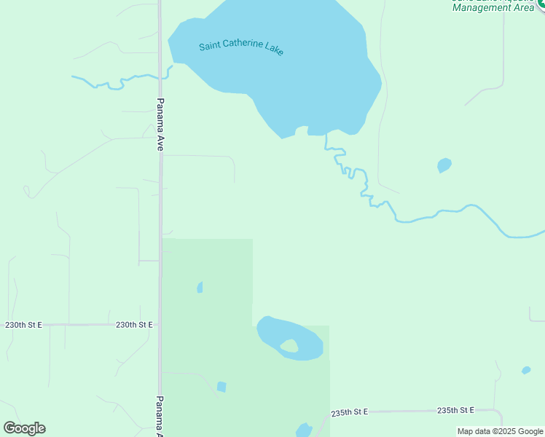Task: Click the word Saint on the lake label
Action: (211, 46)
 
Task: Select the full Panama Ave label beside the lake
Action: (160, 124)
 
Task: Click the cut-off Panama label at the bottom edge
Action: (160, 417)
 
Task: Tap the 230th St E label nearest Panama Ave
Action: (134, 325)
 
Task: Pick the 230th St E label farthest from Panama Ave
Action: (23, 325)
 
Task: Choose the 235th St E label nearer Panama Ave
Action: (349, 412)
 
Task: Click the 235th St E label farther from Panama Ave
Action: (455, 411)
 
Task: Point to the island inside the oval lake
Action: (290, 346)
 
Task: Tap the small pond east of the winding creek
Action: (444, 165)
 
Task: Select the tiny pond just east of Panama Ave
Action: (200, 288)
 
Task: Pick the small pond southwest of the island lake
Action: (221, 387)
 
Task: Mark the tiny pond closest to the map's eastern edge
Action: (526, 370)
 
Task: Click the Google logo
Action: (24, 428)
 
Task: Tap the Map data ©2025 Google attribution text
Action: (500, 431)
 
